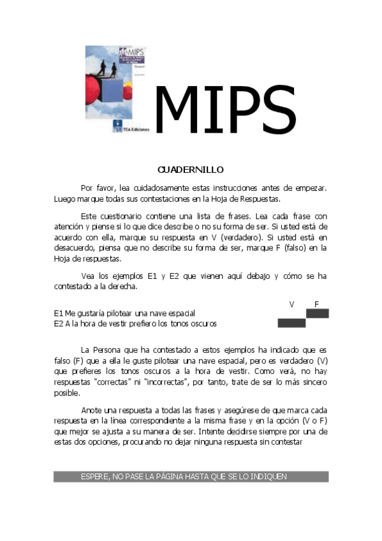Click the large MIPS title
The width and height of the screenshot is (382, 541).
(225, 109)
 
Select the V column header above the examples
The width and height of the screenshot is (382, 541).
(291, 304)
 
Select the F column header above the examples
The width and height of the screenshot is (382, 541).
(316, 304)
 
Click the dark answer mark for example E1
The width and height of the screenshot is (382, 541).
(317, 313)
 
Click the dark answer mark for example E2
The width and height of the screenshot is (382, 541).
(291, 323)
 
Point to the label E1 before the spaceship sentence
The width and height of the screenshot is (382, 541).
(58, 314)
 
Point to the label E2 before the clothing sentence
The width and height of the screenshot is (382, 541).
(58, 323)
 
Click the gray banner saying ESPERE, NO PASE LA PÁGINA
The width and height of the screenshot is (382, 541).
(191, 477)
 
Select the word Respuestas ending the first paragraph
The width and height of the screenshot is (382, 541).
(258, 199)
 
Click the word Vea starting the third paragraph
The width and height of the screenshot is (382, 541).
(89, 276)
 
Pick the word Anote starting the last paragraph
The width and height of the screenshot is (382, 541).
(92, 410)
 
